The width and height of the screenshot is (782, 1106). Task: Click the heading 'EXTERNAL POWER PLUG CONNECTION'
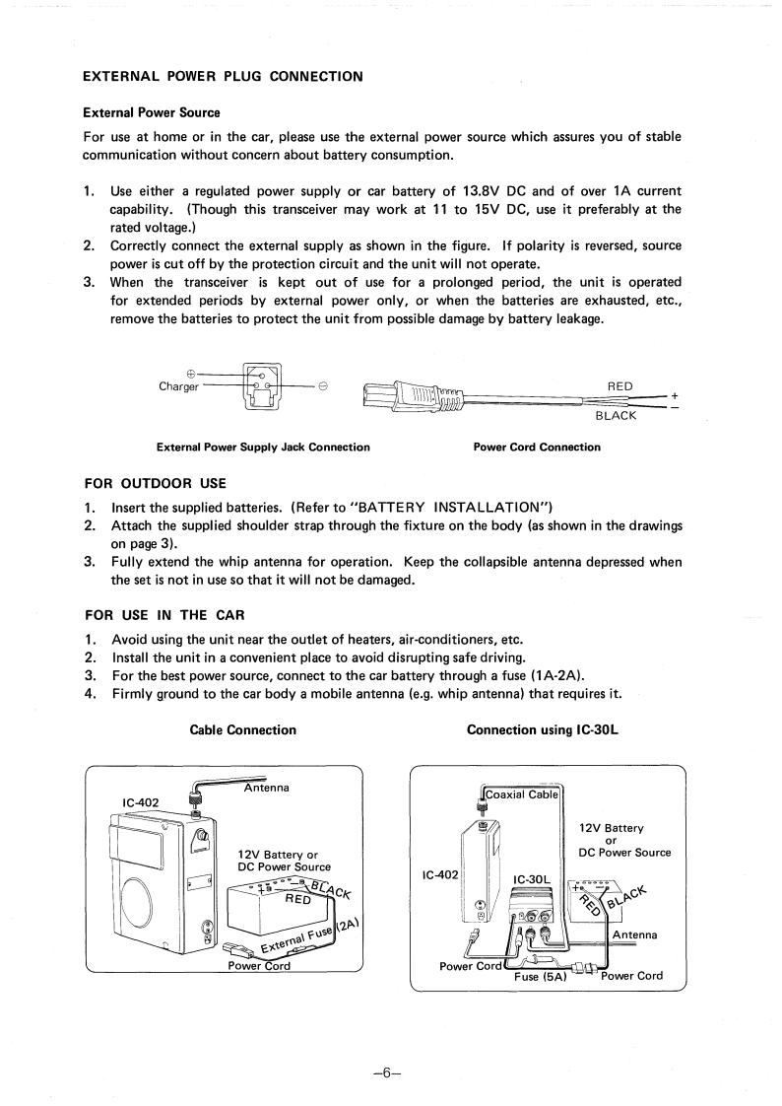[x=222, y=76]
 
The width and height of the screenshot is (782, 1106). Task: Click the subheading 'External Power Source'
[x=151, y=112]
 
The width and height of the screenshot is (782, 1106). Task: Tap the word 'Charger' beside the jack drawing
[x=178, y=385]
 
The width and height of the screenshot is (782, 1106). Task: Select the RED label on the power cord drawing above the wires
[x=620, y=385]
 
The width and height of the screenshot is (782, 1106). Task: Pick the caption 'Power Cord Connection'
[x=537, y=448]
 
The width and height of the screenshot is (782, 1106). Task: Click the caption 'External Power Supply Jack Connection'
[x=263, y=448]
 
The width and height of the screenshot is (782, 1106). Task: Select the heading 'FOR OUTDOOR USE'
[x=156, y=483]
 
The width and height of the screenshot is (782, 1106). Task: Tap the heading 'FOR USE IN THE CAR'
[x=164, y=615]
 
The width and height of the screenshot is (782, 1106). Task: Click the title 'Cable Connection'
[x=242, y=730]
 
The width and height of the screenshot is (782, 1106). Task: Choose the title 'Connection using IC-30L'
[x=548, y=730]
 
